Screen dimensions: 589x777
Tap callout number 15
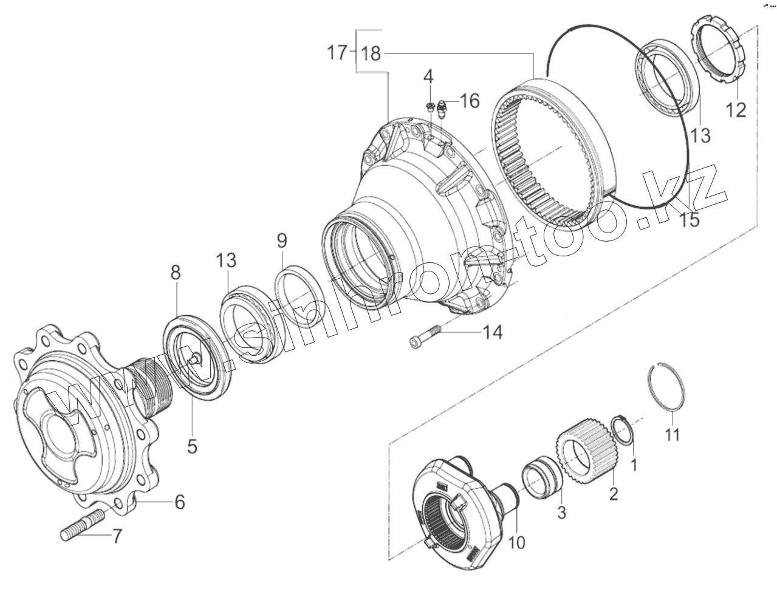pyautogui.click(x=690, y=219)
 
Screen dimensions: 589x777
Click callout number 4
pyautogui.click(x=428, y=77)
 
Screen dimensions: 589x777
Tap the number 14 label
pyautogui.click(x=493, y=332)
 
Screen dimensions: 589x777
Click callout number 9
pyautogui.click(x=281, y=241)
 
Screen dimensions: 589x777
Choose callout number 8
pyautogui.click(x=175, y=273)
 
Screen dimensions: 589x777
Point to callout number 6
pyautogui.click(x=179, y=502)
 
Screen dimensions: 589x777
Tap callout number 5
pyautogui.click(x=191, y=446)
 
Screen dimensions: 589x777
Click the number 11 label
pyautogui.click(x=672, y=435)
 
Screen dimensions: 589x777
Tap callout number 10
pyautogui.click(x=516, y=542)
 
